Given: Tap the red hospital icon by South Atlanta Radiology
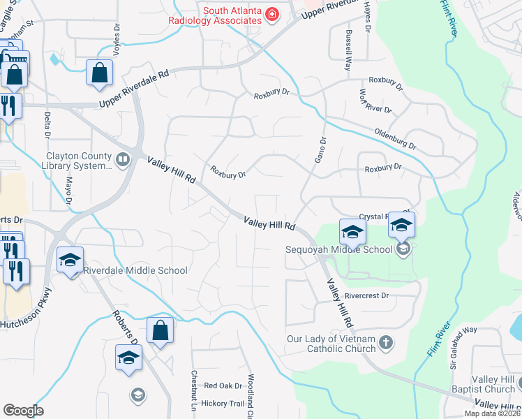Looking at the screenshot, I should pos(271,15).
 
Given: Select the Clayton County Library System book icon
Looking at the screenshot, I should pos(123,161).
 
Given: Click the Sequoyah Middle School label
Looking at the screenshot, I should pos(338,249).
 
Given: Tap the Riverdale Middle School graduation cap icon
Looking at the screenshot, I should pos(70,260).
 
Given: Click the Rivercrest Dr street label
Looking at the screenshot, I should pos(366,296).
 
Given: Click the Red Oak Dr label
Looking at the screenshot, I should pos(223,385).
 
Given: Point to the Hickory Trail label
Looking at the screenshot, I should pos(223,404).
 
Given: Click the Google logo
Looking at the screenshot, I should pos(23,411).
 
